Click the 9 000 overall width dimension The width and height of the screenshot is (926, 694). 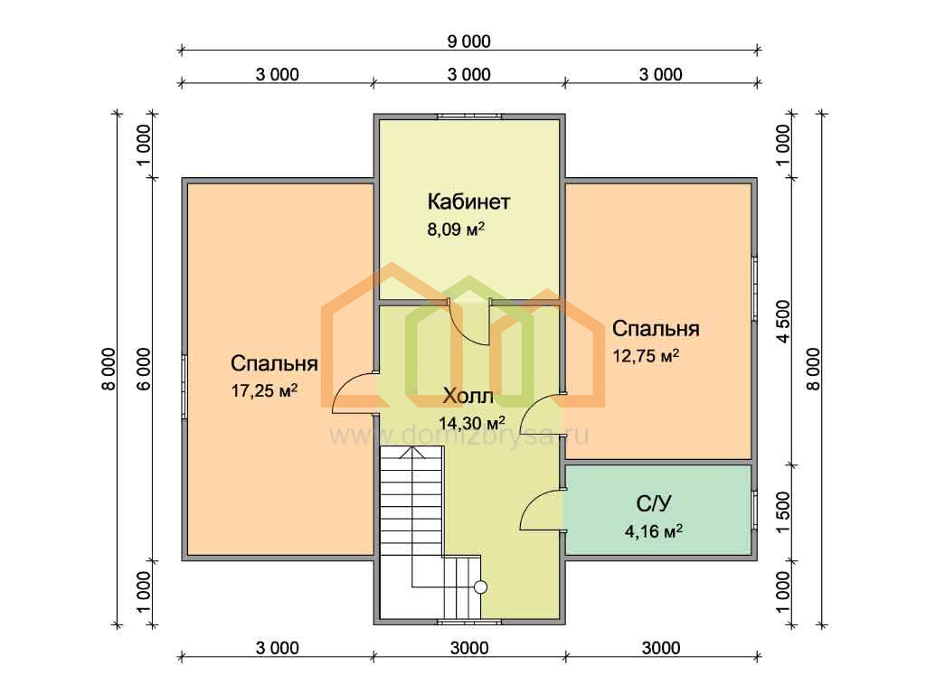469,42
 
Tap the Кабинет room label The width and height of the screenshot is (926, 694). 468,202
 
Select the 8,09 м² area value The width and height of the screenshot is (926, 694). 456,229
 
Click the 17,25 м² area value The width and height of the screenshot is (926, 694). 264,390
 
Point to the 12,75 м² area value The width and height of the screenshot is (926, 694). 646,356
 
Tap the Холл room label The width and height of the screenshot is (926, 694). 468,396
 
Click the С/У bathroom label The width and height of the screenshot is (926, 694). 654,503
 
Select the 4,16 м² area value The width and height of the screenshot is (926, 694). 654,531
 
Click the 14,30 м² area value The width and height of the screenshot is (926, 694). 471,423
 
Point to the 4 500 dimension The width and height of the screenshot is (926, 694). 783,321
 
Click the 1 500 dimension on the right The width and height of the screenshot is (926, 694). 783,512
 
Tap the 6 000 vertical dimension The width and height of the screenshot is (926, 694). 144,369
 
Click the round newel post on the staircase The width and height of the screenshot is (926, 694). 481,586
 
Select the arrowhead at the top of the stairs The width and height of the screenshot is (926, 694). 411,453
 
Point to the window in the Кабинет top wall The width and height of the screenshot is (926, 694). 469,117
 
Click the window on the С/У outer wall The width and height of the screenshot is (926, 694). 754,510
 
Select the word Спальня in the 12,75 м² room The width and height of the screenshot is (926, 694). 656,328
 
